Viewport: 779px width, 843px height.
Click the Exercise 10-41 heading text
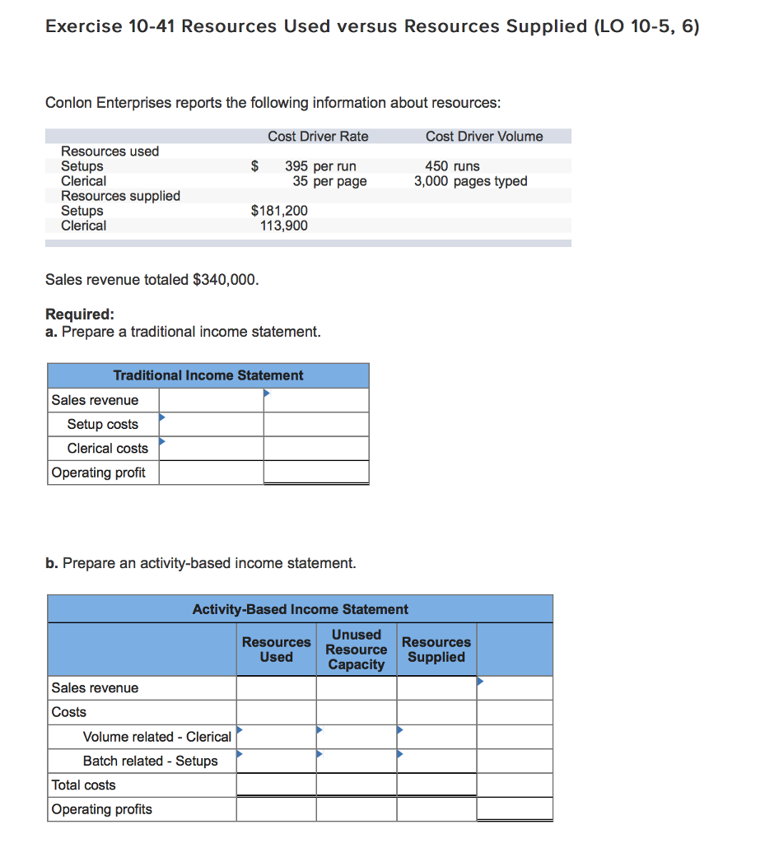[372, 26]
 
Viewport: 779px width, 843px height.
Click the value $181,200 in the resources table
[279, 211]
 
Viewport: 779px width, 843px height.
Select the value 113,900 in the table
[283, 226]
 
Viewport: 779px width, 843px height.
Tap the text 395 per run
[320, 166]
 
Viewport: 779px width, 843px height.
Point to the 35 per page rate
[329, 181]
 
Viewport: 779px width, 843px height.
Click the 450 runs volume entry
[452, 166]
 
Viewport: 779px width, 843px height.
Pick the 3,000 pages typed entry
[470, 181]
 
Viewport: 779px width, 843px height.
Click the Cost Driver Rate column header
[318, 137]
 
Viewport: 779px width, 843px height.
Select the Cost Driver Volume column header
[484, 137]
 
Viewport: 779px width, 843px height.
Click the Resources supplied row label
[120, 196]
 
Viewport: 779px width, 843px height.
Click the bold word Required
[79, 314]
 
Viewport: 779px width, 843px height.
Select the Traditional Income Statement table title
[208, 375]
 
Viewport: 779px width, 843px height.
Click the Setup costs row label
[102, 424]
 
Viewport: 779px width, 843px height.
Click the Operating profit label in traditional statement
[98, 473]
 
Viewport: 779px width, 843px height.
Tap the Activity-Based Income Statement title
[300, 609]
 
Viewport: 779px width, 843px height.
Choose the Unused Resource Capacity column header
[356, 650]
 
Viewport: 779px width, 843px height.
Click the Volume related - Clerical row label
[156, 737]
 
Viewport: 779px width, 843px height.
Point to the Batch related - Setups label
[150, 761]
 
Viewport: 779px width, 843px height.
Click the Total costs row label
[83, 785]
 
